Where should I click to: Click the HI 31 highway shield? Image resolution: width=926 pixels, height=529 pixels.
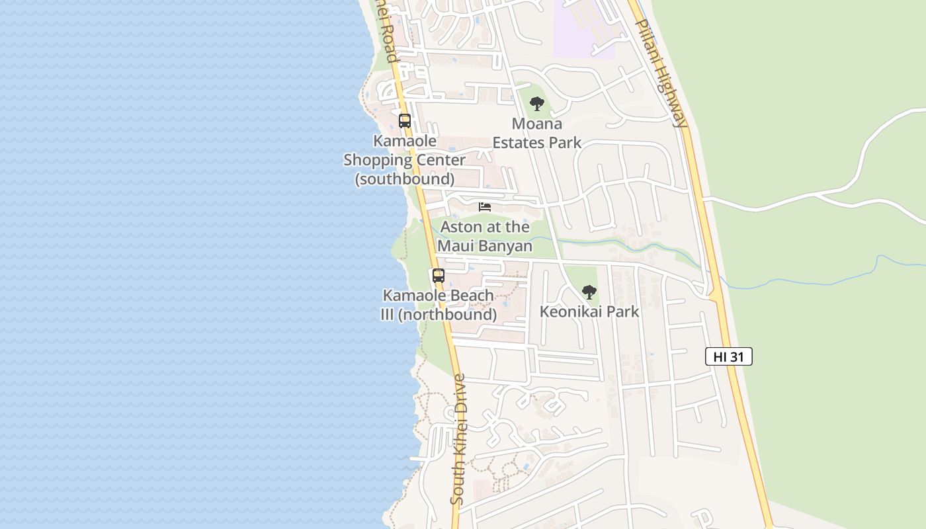[x=729, y=356]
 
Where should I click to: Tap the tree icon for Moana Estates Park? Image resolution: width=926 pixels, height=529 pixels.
[x=537, y=104]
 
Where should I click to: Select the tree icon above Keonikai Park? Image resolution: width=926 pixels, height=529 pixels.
[x=589, y=292]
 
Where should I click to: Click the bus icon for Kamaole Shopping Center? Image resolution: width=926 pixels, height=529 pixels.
[x=405, y=121]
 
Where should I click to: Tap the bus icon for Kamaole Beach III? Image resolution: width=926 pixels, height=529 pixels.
[x=439, y=276]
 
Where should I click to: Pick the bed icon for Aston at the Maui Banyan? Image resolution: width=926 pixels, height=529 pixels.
[x=485, y=207]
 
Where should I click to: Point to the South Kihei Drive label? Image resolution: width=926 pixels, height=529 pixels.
[x=458, y=439]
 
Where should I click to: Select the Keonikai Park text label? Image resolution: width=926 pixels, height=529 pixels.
[x=589, y=311]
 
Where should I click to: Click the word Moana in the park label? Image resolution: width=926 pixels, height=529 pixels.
[x=537, y=124]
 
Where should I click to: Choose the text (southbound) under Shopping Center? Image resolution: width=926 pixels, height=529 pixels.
[x=405, y=179]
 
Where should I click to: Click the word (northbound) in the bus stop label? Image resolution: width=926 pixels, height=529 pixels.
[x=448, y=315]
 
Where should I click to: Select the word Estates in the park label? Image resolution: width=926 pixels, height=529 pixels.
[x=518, y=142]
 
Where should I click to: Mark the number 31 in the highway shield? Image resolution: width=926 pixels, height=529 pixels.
[x=738, y=356]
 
